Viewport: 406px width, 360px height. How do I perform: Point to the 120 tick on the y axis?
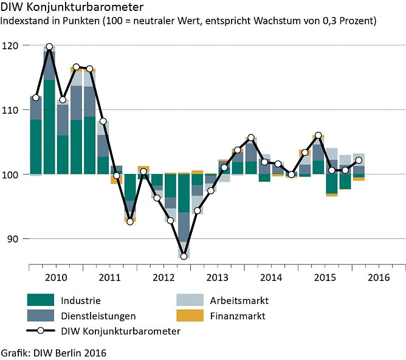[x=12, y=46]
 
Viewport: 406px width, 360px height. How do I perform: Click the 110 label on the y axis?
[x=12, y=110]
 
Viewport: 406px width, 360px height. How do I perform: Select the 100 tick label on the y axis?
[x=12, y=175]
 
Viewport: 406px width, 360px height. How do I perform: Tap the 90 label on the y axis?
[x=14, y=239]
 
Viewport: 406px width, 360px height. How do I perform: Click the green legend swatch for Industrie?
[x=41, y=300]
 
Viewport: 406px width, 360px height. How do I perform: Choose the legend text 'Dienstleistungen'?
[x=98, y=316]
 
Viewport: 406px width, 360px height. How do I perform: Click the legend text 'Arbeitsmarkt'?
[x=238, y=300]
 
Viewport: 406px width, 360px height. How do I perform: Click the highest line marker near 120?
[x=49, y=46]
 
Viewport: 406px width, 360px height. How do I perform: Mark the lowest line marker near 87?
[x=184, y=257]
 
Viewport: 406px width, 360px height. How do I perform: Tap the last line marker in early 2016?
[x=359, y=161]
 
